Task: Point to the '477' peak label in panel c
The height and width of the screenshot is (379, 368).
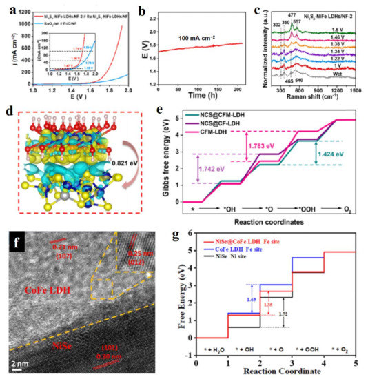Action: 292,14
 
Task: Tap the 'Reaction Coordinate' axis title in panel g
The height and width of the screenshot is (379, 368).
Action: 275,372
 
